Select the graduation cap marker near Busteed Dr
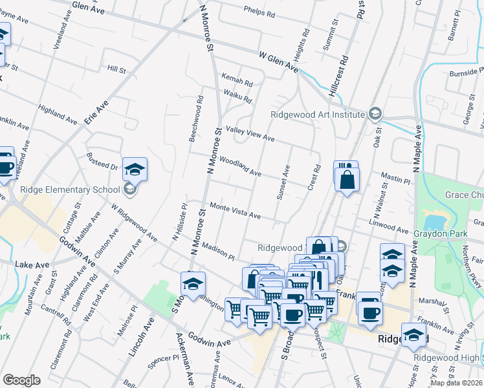(135, 169)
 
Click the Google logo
(21, 380)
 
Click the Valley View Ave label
(249, 133)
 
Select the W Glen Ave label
(278, 62)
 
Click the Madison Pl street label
(217, 251)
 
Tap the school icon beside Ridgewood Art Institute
(374, 114)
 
